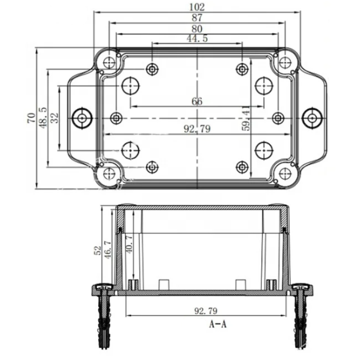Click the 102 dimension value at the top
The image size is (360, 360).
click(197, 7)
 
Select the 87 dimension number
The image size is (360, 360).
click(197, 18)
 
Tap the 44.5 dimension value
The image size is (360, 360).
click(197, 38)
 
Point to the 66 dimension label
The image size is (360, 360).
click(197, 101)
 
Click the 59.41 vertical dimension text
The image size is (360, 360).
click(246, 118)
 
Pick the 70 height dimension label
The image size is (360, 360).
click(32, 118)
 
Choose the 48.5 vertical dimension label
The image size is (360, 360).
click(42, 118)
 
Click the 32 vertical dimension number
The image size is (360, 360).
click(55, 118)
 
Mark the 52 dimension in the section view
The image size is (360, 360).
click(98, 250)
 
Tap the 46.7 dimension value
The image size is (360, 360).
click(108, 250)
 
